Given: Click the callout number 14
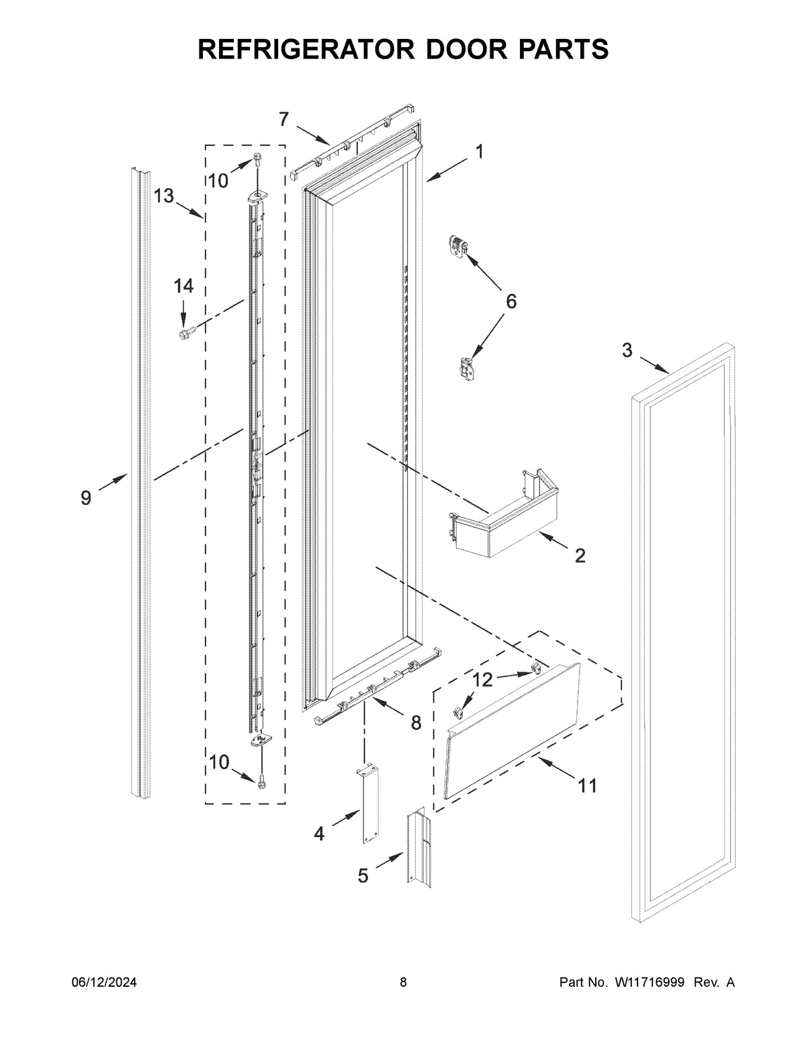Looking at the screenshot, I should [183, 286].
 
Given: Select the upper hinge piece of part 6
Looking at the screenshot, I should [457, 246].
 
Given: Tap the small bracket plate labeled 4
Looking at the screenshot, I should [367, 804].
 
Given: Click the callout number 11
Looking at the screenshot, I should [587, 785].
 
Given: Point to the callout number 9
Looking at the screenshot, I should [86, 498].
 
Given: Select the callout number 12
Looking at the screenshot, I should [482, 680].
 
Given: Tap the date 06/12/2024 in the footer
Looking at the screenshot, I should [104, 983].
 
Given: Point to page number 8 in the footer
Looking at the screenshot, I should [403, 983].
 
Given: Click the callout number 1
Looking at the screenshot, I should [480, 152].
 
